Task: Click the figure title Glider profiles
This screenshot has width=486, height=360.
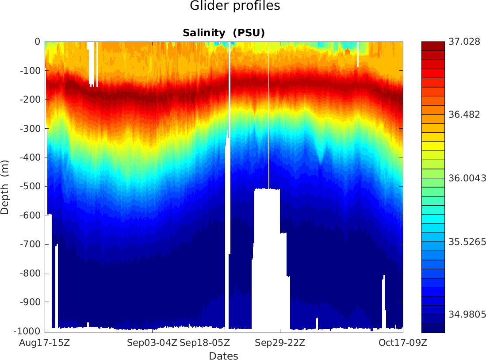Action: pyautogui.click(x=235, y=6)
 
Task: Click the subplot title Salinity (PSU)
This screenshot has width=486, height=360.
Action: pyautogui.click(x=223, y=33)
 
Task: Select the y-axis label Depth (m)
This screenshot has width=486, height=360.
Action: pyautogui.click(x=5, y=186)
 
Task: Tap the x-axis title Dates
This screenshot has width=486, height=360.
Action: pyautogui.click(x=223, y=356)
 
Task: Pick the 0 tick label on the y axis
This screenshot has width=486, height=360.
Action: pyautogui.click(x=38, y=42)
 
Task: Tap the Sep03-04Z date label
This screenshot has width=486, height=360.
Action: pyautogui.click(x=152, y=343)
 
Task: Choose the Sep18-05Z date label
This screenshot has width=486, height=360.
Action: pyautogui.click(x=205, y=343)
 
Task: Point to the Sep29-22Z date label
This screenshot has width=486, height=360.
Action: pyautogui.click(x=280, y=343)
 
